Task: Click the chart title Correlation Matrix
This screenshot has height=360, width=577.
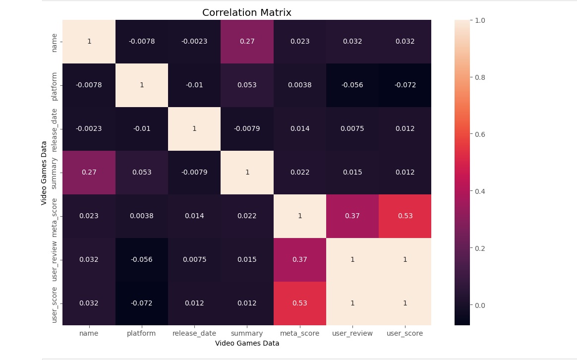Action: pos(247,12)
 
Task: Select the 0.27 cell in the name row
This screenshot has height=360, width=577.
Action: pos(247,42)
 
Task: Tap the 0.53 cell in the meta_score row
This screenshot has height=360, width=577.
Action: pos(404,216)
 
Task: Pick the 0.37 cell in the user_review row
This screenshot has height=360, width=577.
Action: pos(299,260)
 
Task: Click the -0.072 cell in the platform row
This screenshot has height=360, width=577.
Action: pos(404,85)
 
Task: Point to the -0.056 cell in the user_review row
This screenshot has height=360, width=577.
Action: pos(142,260)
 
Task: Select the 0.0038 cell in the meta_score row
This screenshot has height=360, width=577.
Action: pos(142,216)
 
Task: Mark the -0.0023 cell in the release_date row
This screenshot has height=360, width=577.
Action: pos(89,129)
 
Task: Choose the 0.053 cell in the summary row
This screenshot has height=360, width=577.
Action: pos(142,173)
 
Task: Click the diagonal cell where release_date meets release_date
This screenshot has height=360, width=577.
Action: pos(194,129)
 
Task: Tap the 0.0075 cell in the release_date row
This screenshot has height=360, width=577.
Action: pos(352,129)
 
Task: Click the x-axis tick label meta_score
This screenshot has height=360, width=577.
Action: pos(299,334)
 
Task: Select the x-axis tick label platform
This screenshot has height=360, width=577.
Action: pos(142,334)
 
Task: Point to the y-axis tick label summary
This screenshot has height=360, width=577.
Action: pos(55,173)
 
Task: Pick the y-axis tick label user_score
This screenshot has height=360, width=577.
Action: pos(55,303)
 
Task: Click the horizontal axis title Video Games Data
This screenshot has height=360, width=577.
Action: pos(247,343)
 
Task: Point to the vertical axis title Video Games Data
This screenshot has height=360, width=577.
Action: pos(44,173)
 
